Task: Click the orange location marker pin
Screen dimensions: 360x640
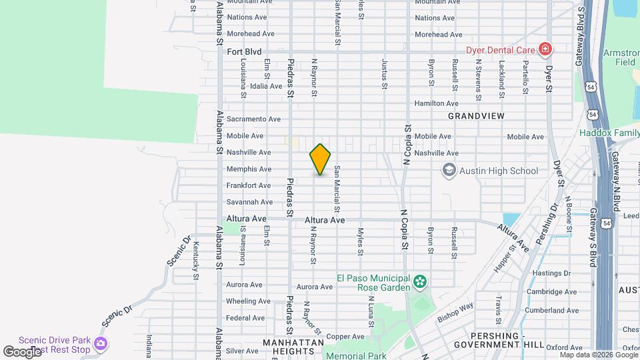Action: tap(320, 159)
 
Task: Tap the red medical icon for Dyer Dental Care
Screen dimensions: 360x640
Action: tap(545, 49)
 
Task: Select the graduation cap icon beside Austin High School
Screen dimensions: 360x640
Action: tap(449, 171)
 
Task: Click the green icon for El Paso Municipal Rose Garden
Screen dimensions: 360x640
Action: tap(419, 283)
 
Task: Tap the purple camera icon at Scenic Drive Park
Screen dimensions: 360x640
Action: tap(100, 344)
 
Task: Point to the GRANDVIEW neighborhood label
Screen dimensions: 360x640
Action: tap(476, 116)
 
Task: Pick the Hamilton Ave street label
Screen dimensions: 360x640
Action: tap(436, 103)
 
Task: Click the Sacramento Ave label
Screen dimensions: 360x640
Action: tap(253, 119)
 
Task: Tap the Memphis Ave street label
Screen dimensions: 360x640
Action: tap(249, 169)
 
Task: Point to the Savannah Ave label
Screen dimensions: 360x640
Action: tap(249, 202)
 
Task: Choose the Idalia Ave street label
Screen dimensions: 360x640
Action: tap(266, 86)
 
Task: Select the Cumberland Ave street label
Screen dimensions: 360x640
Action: tap(550, 310)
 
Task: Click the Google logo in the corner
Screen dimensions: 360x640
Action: tap(22, 351)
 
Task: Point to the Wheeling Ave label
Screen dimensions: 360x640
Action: tap(248, 301)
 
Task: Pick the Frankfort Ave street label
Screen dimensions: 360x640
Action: tap(249, 185)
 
